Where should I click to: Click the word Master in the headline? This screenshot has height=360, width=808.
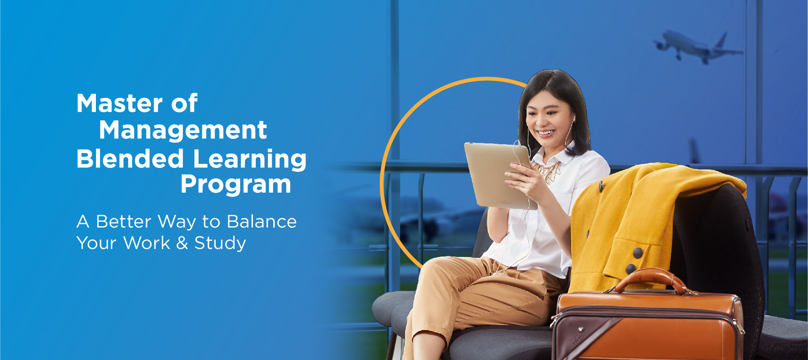click(119, 103)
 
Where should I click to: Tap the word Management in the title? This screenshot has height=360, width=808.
click(183, 130)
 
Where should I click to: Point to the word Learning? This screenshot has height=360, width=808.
click(250, 160)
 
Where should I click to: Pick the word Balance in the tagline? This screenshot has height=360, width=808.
click(262, 222)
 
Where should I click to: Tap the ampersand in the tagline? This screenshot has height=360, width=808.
click(182, 243)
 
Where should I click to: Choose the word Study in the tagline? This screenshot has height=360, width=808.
click(220, 244)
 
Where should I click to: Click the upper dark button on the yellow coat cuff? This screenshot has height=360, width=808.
click(638, 253)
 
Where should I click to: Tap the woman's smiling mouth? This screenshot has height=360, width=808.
click(546, 133)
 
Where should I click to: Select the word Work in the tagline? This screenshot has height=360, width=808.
click(147, 243)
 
